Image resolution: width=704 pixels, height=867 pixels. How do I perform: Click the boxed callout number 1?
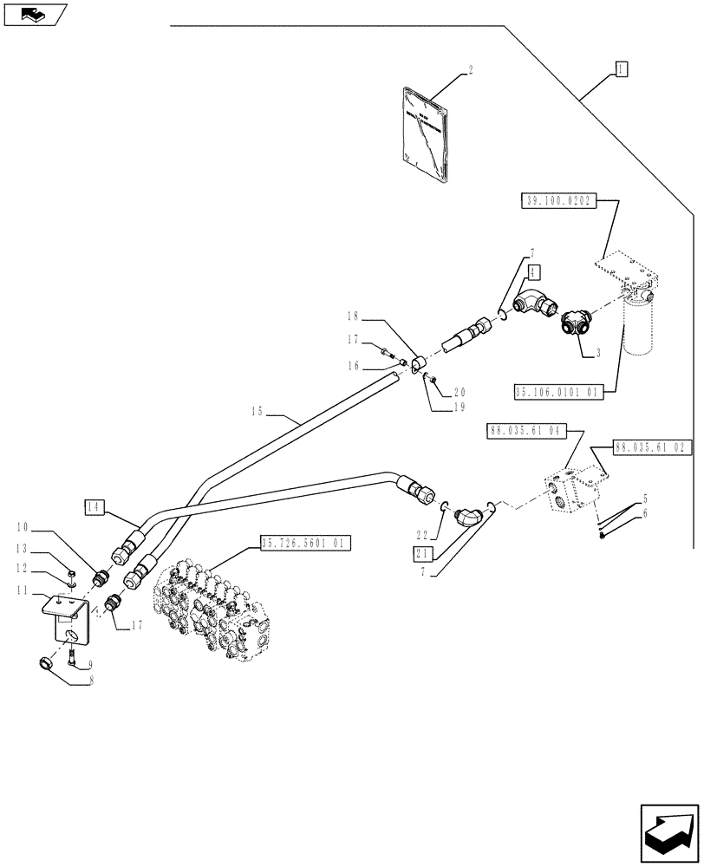point(621,68)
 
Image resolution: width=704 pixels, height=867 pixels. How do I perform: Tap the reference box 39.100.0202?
point(557,201)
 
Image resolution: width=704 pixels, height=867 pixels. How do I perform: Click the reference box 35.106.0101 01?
point(557,392)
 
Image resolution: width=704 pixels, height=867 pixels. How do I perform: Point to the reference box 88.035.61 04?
point(526,429)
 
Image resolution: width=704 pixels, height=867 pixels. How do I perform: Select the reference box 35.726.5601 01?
point(303,544)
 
